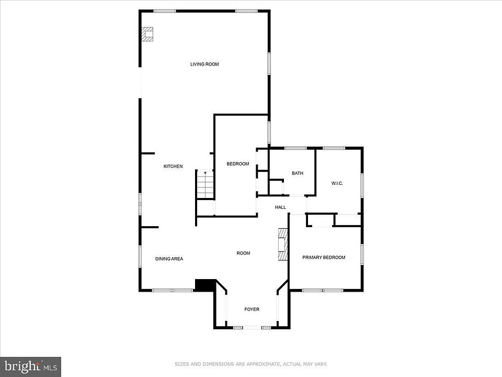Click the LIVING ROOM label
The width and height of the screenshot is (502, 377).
point(204,64)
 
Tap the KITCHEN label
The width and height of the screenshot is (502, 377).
point(173,166)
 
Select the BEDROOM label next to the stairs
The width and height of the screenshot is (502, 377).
point(238,164)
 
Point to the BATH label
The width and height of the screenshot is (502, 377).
point(298,173)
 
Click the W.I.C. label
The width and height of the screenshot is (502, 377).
point(337,183)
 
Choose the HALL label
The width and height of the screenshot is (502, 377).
point(280,207)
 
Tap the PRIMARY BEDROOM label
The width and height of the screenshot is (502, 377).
point(324,257)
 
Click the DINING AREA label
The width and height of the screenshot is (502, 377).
point(169,259)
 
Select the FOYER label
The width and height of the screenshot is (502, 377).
point(252,309)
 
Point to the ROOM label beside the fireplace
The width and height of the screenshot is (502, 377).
point(243,253)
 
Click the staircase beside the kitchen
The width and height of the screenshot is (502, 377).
point(205,185)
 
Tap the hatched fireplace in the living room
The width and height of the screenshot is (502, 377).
point(147,34)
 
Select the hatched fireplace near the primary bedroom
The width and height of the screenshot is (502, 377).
point(283,245)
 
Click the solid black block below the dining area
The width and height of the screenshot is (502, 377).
point(205,285)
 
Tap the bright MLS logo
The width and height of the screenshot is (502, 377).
point(31,366)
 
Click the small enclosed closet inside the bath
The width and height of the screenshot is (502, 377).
point(276,187)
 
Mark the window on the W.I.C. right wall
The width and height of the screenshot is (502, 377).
point(362,185)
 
